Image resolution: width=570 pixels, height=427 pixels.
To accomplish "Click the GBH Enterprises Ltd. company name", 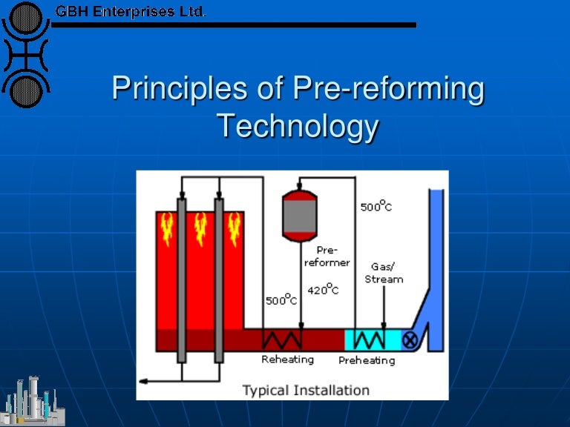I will click(131, 11).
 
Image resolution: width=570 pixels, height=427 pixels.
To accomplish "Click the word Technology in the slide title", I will click(298, 127).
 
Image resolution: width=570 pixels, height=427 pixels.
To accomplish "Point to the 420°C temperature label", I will click(323, 291).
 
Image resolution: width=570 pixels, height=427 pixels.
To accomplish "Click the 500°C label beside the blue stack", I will click(376, 205).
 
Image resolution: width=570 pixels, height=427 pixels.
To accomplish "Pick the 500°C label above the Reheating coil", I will click(281, 300).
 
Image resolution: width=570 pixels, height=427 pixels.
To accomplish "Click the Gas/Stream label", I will click(384, 273).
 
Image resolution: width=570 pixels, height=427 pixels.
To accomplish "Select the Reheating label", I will click(287, 360).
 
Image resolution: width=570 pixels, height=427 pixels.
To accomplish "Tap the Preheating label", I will click(367, 360).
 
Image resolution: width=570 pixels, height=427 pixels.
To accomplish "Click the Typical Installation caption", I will click(306, 389).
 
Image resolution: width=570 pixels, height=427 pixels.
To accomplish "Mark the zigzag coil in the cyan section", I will click(368, 340).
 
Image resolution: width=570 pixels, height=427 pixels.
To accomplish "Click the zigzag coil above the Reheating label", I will click(283, 340).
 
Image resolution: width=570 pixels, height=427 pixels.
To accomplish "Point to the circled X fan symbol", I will click(409, 340).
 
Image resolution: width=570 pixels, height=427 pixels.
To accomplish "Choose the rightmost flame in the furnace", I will click(235, 228).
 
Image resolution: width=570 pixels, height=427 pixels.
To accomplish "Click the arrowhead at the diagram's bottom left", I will click(144, 381).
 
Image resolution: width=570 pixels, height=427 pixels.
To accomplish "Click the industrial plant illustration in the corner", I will click(33, 402).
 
